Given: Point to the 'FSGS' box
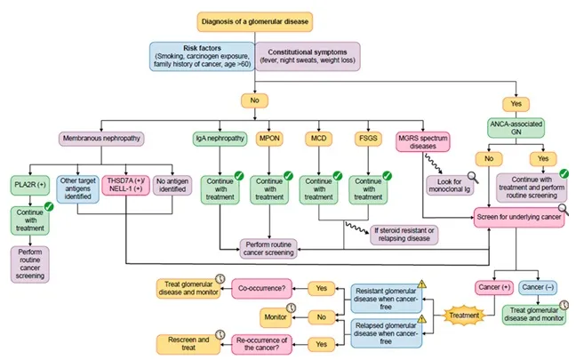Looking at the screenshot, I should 366,139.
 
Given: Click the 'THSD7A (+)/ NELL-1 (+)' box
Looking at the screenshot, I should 127,188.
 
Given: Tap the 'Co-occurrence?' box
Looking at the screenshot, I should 262,287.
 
